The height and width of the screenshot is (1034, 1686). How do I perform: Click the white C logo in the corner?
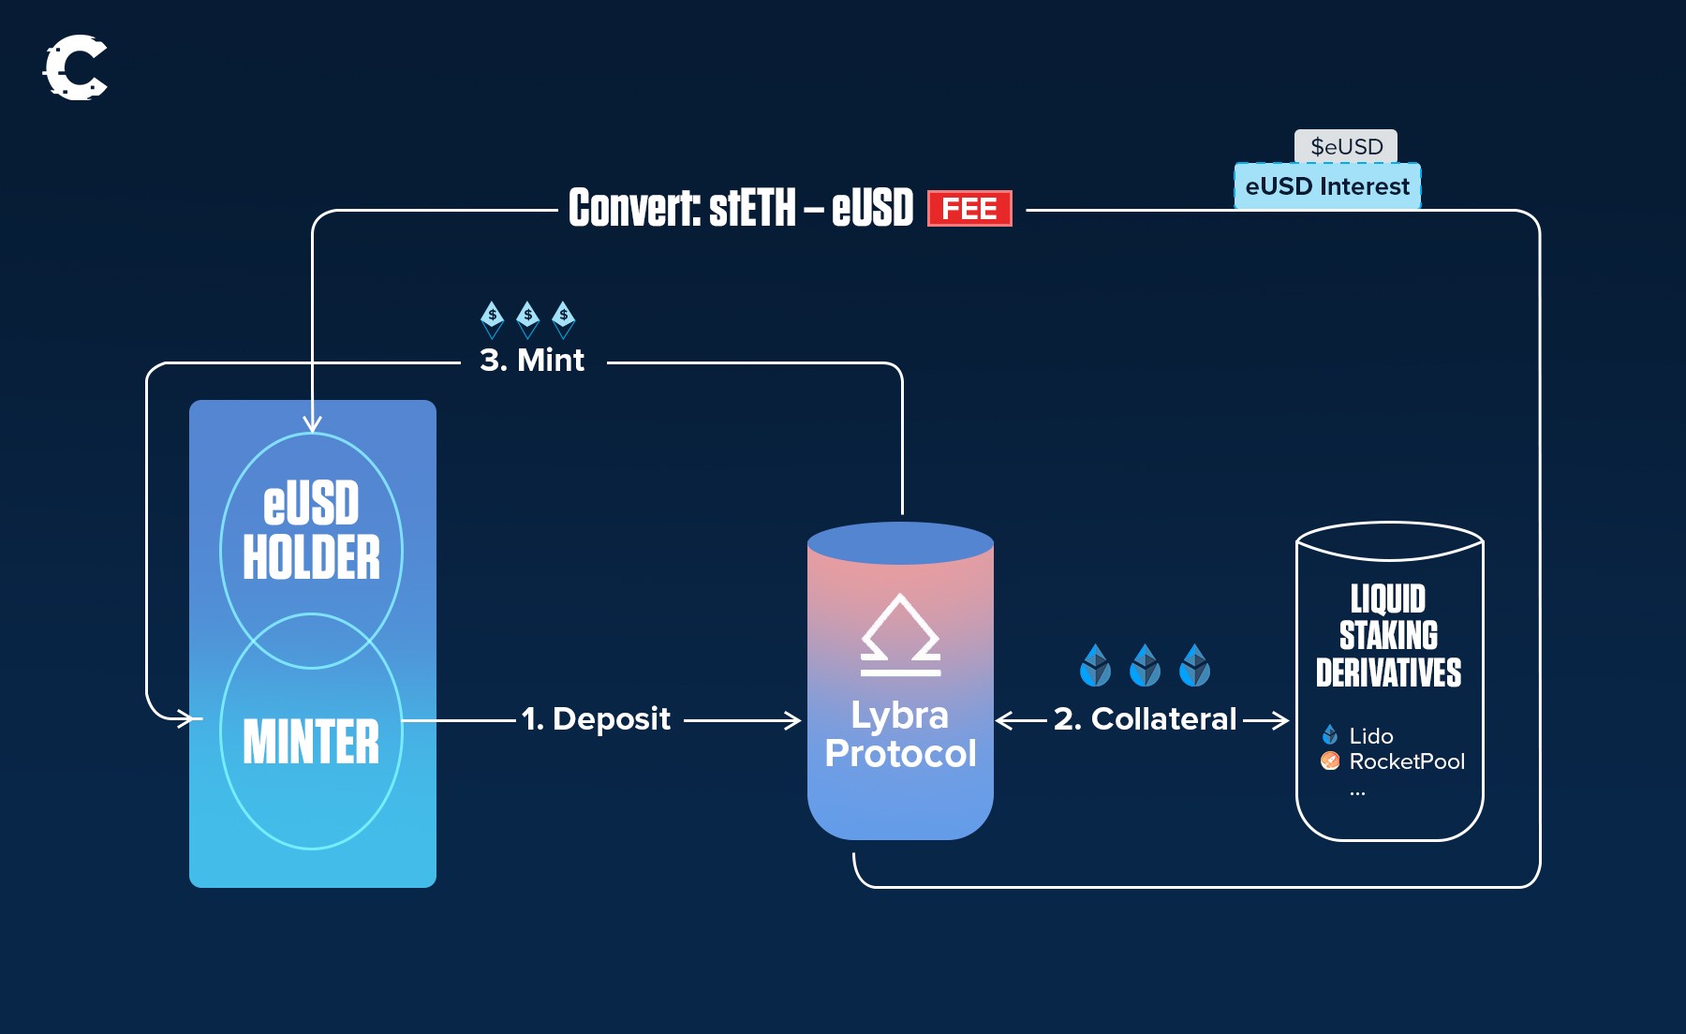[75, 67]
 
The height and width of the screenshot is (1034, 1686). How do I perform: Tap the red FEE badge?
[969, 209]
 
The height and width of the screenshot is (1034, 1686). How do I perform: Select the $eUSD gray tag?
[1346, 146]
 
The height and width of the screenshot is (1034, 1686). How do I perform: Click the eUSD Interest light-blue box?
[1326, 186]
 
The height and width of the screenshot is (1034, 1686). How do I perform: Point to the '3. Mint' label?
[532, 361]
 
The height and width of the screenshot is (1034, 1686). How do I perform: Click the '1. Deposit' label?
[597, 719]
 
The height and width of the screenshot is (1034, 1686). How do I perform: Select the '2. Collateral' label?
[1145, 719]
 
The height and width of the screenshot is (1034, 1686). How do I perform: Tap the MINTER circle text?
[311, 742]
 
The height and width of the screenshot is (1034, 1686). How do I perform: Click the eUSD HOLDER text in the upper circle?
[311, 531]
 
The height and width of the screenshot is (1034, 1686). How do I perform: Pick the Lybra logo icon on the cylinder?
[900, 635]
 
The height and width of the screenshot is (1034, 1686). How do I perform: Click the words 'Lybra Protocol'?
[900, 735]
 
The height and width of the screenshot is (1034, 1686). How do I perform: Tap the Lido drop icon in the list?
[1329, 735]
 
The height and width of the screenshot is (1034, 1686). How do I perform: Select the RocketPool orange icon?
[1329, 761]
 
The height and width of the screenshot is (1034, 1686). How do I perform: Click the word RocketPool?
[1407, 761]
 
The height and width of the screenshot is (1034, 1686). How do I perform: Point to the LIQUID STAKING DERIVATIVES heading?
[1389, 635]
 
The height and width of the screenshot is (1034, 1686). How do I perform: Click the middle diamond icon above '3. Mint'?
[528, 319]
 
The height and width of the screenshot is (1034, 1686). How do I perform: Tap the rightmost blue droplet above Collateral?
[1194, 665]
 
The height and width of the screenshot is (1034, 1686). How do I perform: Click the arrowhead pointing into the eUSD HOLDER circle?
[312, 424]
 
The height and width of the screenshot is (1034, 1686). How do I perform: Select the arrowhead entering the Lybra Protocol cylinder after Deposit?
[793, 720]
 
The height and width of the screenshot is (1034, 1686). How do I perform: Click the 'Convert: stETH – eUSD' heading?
[740, 208]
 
